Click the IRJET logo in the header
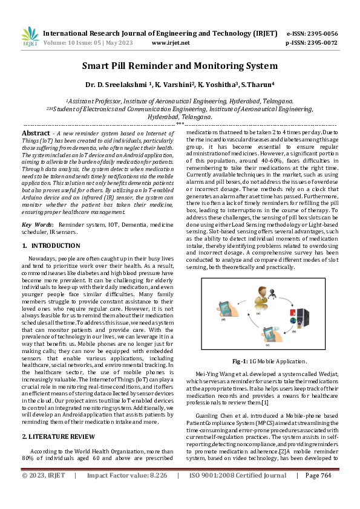click(30, 37)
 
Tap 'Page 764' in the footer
click(318, 491)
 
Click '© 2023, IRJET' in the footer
click(43, 491)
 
